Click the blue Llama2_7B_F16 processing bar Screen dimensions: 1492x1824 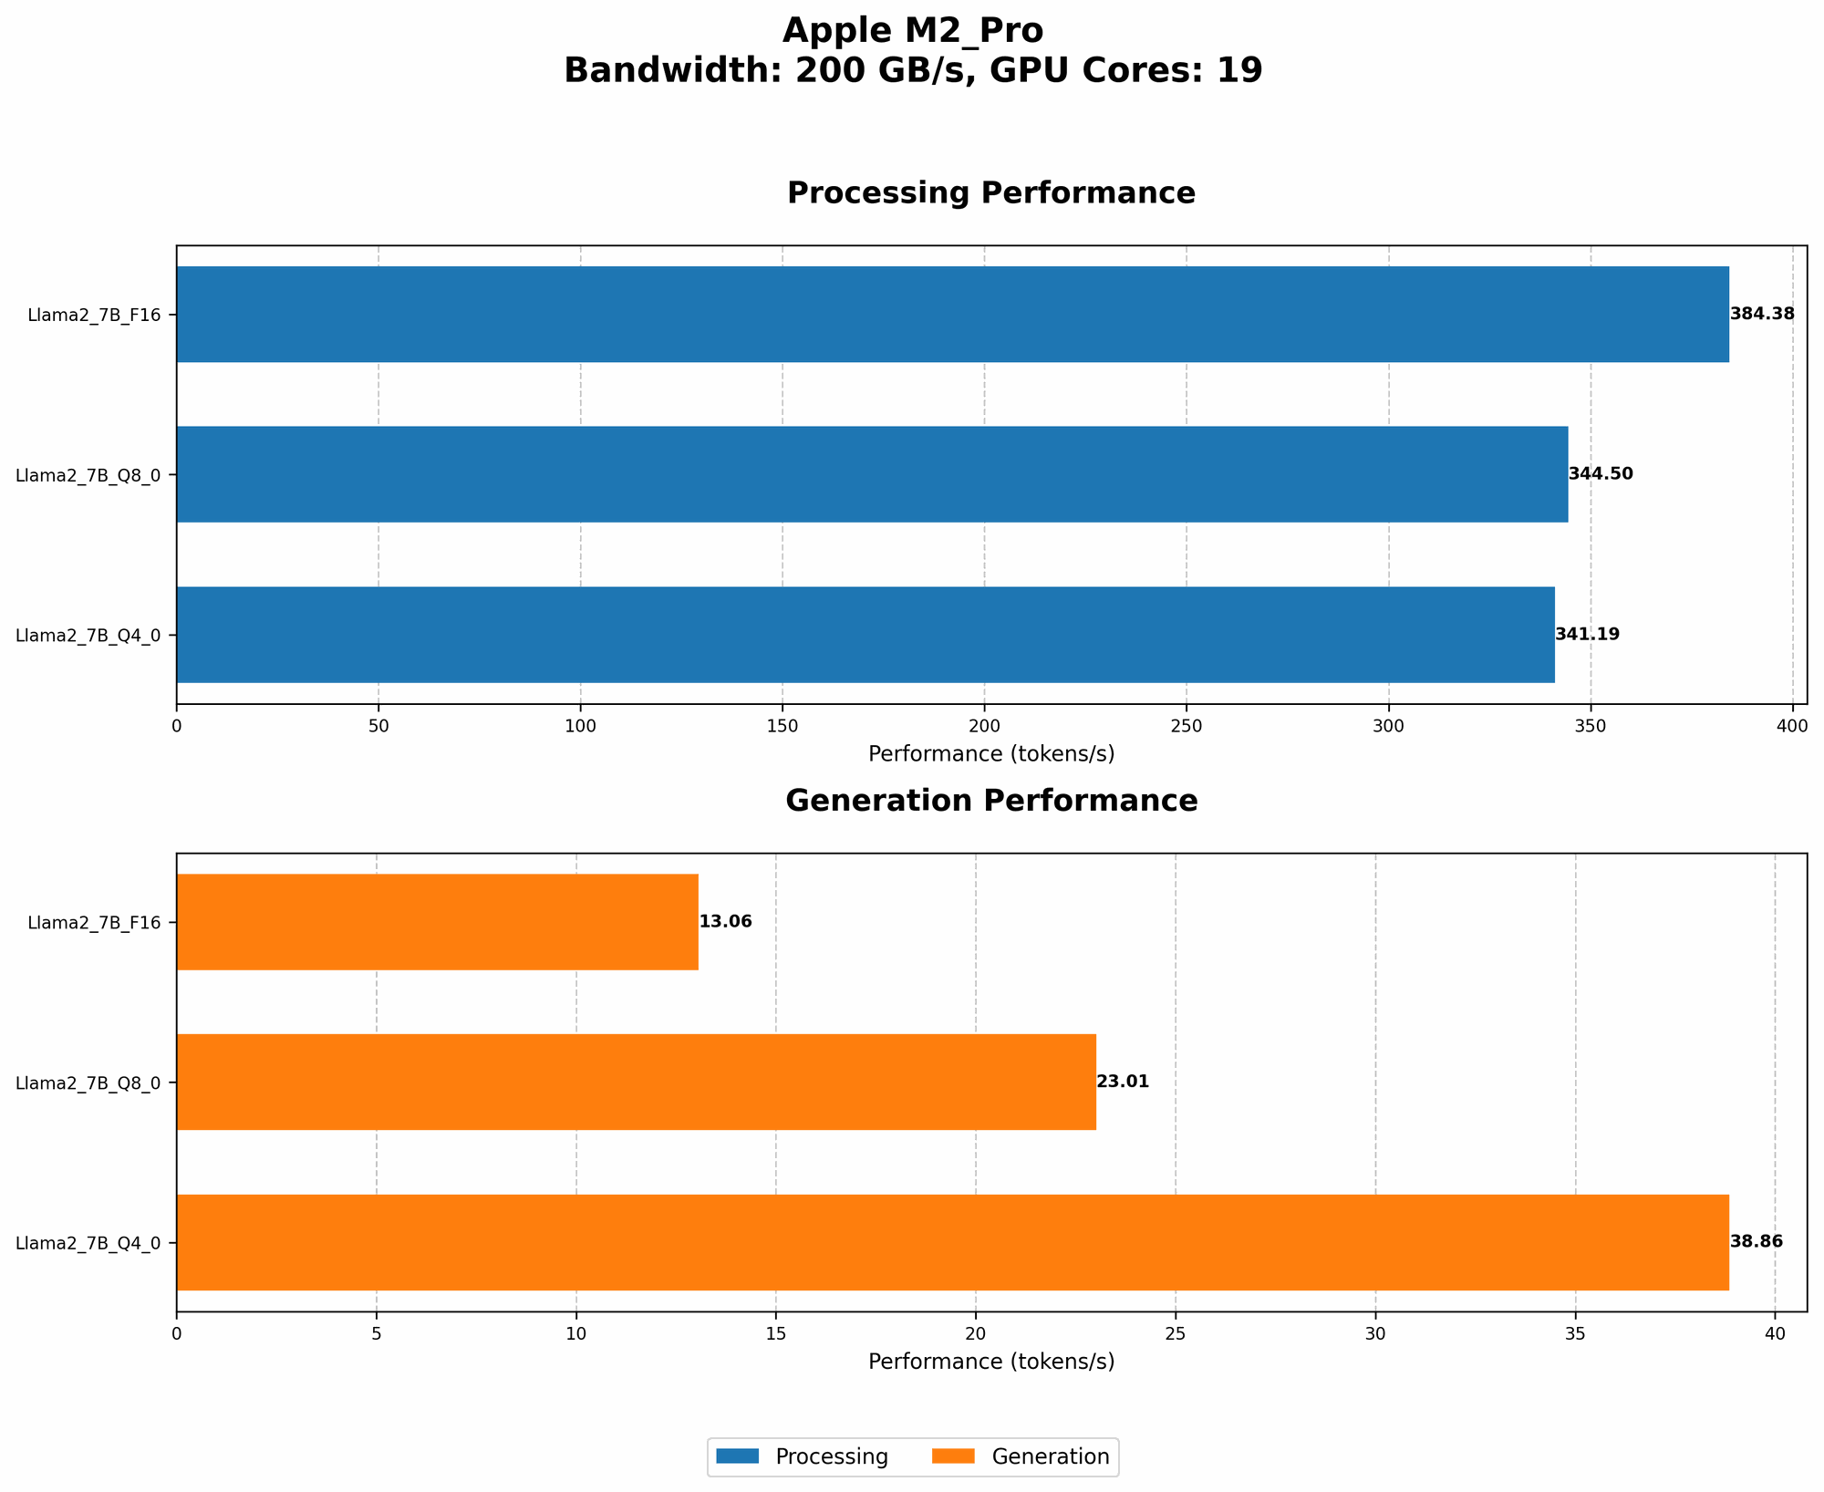click(x=952, y=315)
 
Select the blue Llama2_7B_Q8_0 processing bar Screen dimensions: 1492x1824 click(x=872, y=474)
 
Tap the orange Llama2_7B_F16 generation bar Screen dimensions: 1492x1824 click(x=437, y=922)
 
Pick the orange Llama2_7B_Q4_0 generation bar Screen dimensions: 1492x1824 click(x=952, y=1242)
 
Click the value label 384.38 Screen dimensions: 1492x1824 click(x=1762, y=315)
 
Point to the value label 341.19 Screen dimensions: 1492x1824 click(x=1588, y=635)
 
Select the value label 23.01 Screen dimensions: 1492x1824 click(x=1123, y=1083)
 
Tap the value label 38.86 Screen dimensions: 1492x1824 click(x=1757, y=1242)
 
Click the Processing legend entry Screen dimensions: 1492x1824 click(x=803, y=1457)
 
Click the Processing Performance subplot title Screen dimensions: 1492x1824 click(x=991, y=193)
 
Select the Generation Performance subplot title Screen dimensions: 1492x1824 click(x=991, y=801)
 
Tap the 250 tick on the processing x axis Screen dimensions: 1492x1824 click(x=1186, y=726)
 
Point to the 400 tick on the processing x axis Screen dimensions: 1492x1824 click(x=1792, y=726)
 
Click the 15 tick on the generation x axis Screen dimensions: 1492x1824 click(x=776, y=1333)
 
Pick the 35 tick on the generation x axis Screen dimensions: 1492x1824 click(x=1575, y=1333)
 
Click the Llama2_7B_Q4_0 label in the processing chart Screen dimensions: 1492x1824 click(x=88, y=636)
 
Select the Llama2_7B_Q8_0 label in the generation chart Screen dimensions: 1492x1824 click(x=88, y=1083)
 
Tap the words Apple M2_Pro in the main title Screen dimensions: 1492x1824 click(x=913, y=32)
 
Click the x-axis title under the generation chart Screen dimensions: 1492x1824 click(x=991, y=1362)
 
